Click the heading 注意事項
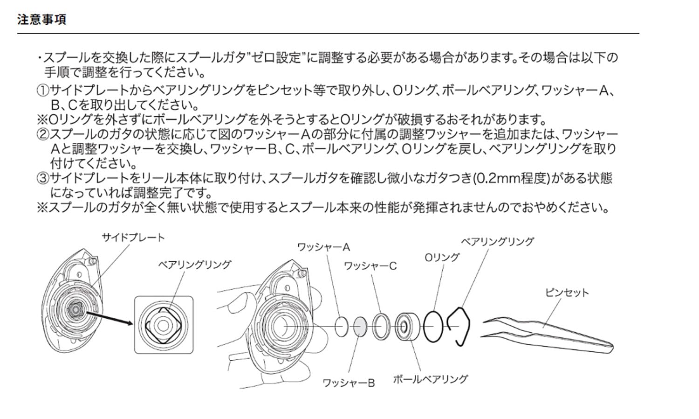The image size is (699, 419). coord(41,20)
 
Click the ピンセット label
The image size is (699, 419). coord(567,293)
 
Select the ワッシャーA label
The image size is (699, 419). coord(323,247)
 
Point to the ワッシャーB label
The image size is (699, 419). coord(349,383)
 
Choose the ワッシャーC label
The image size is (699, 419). coord(370,266)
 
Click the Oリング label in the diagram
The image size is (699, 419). coord(441,257)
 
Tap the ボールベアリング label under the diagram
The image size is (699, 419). coord(430,379)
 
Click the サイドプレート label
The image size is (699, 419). coord(133,237)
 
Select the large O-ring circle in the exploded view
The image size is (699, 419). coord(434,326)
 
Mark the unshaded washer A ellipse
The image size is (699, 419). coord(342,327)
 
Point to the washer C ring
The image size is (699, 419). coord(381,326)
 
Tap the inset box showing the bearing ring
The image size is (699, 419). coord(164,325)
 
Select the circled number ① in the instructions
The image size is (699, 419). coord(42,91)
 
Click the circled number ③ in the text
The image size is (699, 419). coord(42,178)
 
